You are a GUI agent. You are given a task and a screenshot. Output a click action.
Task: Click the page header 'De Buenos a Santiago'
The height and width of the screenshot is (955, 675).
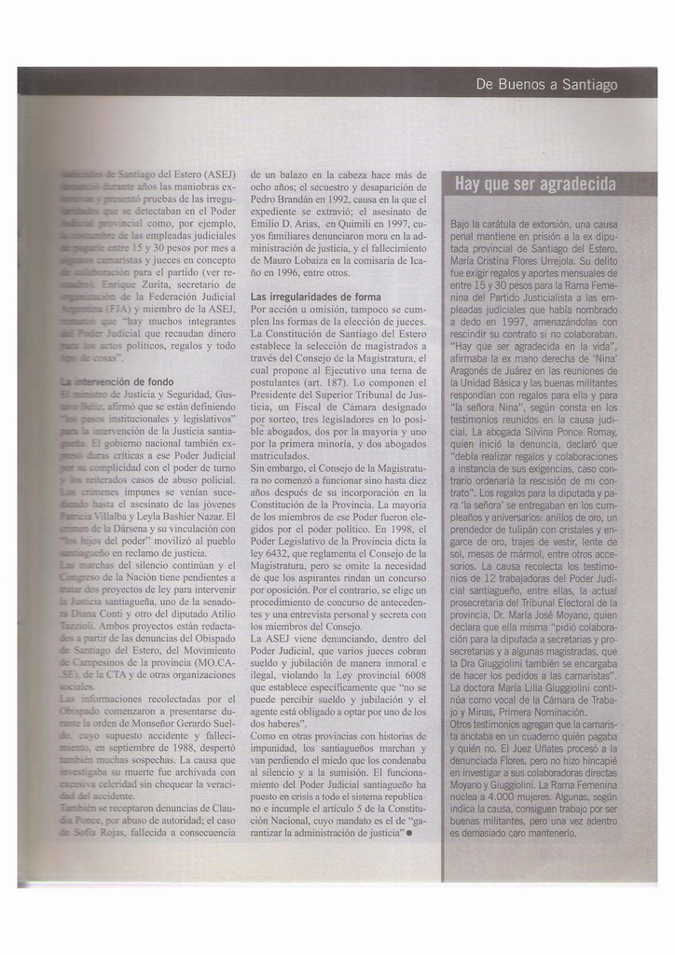click(x=546, y=85)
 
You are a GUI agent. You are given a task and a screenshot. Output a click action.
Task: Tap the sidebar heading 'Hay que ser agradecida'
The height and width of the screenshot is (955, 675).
click(x=535, y=185)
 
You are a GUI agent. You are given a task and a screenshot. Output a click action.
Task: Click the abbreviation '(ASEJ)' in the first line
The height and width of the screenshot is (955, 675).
click(x=220, y=174)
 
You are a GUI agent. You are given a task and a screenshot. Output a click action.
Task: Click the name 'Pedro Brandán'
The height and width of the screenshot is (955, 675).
click(x=282, y=200)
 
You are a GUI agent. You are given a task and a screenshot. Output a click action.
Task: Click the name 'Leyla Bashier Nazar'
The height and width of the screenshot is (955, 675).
click(x=187, y=516)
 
